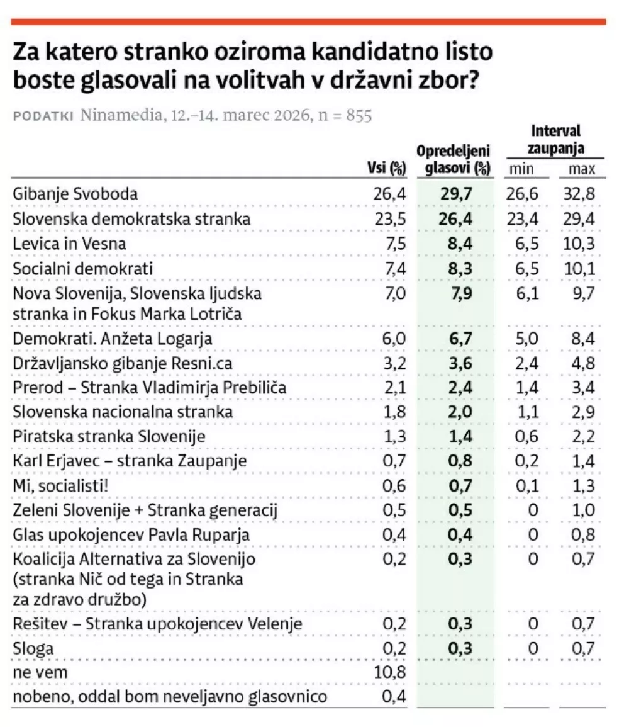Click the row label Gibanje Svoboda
(75, 194)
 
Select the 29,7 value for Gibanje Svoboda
(456, 194)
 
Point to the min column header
(521, 169)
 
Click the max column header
(582, 169)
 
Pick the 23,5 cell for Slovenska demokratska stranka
(391, 219)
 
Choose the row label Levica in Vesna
(69, 244)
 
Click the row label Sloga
(33, 649)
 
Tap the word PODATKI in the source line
(42, 116)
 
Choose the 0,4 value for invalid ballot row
(394, 697)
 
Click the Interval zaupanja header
(556, 140)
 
